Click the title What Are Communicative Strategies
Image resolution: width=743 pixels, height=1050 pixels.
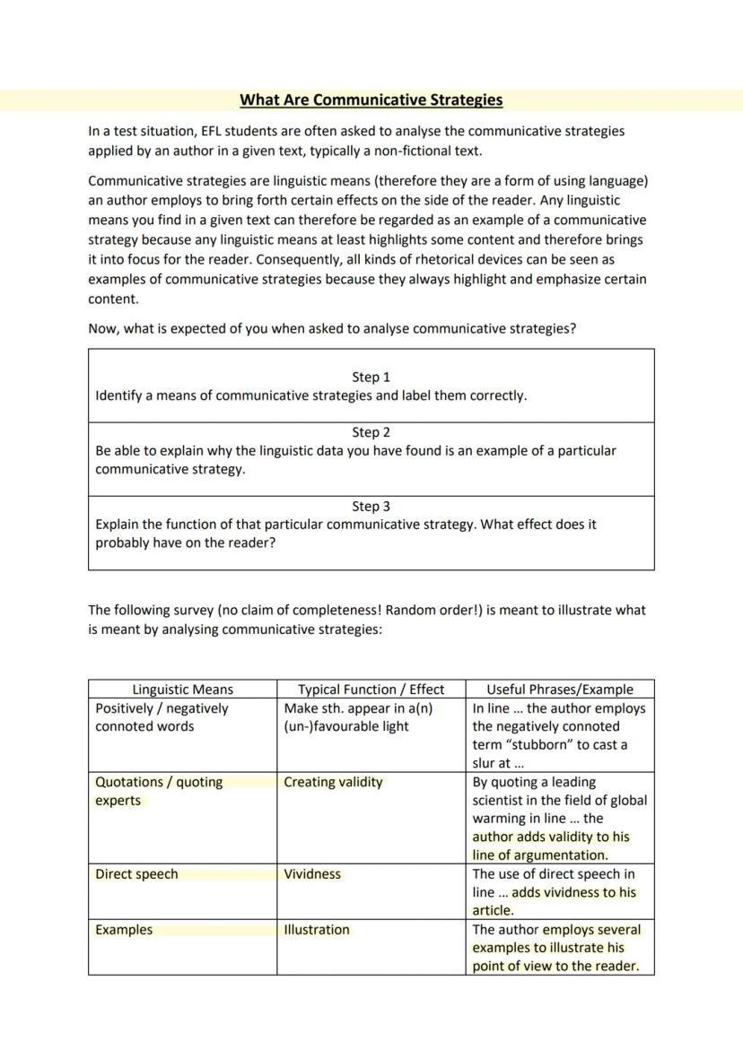coord(371,100)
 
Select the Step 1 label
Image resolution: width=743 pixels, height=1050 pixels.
coord(371,377)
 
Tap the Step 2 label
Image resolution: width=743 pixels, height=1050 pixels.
coord(371,432)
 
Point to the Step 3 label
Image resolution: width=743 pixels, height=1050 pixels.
coord(371,507)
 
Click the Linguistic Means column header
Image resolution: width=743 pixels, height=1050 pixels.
coord(182,690)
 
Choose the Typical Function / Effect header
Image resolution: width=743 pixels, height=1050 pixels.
coord(371,690)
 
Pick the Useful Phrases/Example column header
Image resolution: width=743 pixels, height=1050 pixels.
coord(559,690)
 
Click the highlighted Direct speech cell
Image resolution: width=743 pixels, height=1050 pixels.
coord(136,874)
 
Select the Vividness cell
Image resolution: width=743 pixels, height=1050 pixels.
coord(312,874)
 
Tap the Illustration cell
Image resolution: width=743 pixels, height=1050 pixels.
coord(317,930)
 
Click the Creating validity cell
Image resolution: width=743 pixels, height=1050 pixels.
coord(333,782)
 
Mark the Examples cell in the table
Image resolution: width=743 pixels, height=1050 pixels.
coord(124,930)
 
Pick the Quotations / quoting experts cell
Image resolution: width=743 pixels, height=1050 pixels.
coord(159,791)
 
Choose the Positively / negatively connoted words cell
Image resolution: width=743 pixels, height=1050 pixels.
coord(162,717)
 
